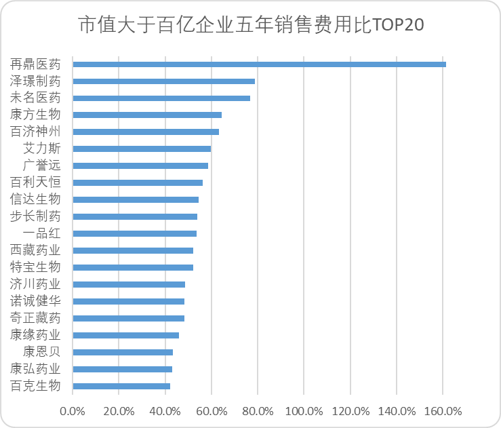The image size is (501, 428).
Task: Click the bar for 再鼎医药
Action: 259,64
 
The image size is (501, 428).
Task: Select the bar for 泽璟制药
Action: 163,81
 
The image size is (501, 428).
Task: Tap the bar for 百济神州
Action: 146,132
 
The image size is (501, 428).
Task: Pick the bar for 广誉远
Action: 140,166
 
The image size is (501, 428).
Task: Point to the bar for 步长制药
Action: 135,216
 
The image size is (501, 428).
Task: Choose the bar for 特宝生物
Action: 133,267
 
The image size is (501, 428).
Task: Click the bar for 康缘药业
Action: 125,335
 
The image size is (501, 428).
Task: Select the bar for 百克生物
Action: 121,386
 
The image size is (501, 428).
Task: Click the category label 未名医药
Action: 35,98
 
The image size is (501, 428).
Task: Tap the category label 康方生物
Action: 35,115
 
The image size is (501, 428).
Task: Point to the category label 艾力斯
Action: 41,149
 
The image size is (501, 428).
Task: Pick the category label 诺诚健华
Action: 35,301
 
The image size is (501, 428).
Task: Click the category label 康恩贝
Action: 41,352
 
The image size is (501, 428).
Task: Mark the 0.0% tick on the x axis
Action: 72,411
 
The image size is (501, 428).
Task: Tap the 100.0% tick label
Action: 304,411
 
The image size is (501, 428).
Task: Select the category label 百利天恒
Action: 35,182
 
